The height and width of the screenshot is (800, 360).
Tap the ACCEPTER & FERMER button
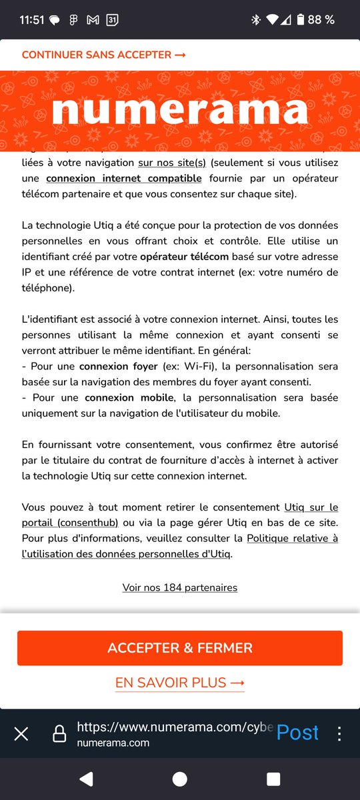click(180, 647)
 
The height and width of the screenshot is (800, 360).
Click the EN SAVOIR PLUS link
click(180, 683)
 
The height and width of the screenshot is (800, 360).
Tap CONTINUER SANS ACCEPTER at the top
click(103, 55)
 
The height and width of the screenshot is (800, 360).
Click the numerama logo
click(180, 110)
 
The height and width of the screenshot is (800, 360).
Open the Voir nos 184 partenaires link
click(180, 587)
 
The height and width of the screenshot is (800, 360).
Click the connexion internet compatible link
click(124, 178)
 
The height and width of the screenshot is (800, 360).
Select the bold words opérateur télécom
click(184, 256)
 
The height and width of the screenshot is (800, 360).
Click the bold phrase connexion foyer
click(119, 366)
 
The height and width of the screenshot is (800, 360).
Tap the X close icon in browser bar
click(21, 734)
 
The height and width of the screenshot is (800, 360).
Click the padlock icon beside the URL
click(59, 734)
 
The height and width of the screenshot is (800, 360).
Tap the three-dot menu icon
click(339, 734)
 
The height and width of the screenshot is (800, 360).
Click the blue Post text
click(297, 732)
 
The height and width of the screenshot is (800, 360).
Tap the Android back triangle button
click(86, 779)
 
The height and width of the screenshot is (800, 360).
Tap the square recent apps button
click(273, 779)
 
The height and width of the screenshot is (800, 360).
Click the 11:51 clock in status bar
click(32, 19)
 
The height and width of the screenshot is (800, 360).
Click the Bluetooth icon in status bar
click(255, 19)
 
